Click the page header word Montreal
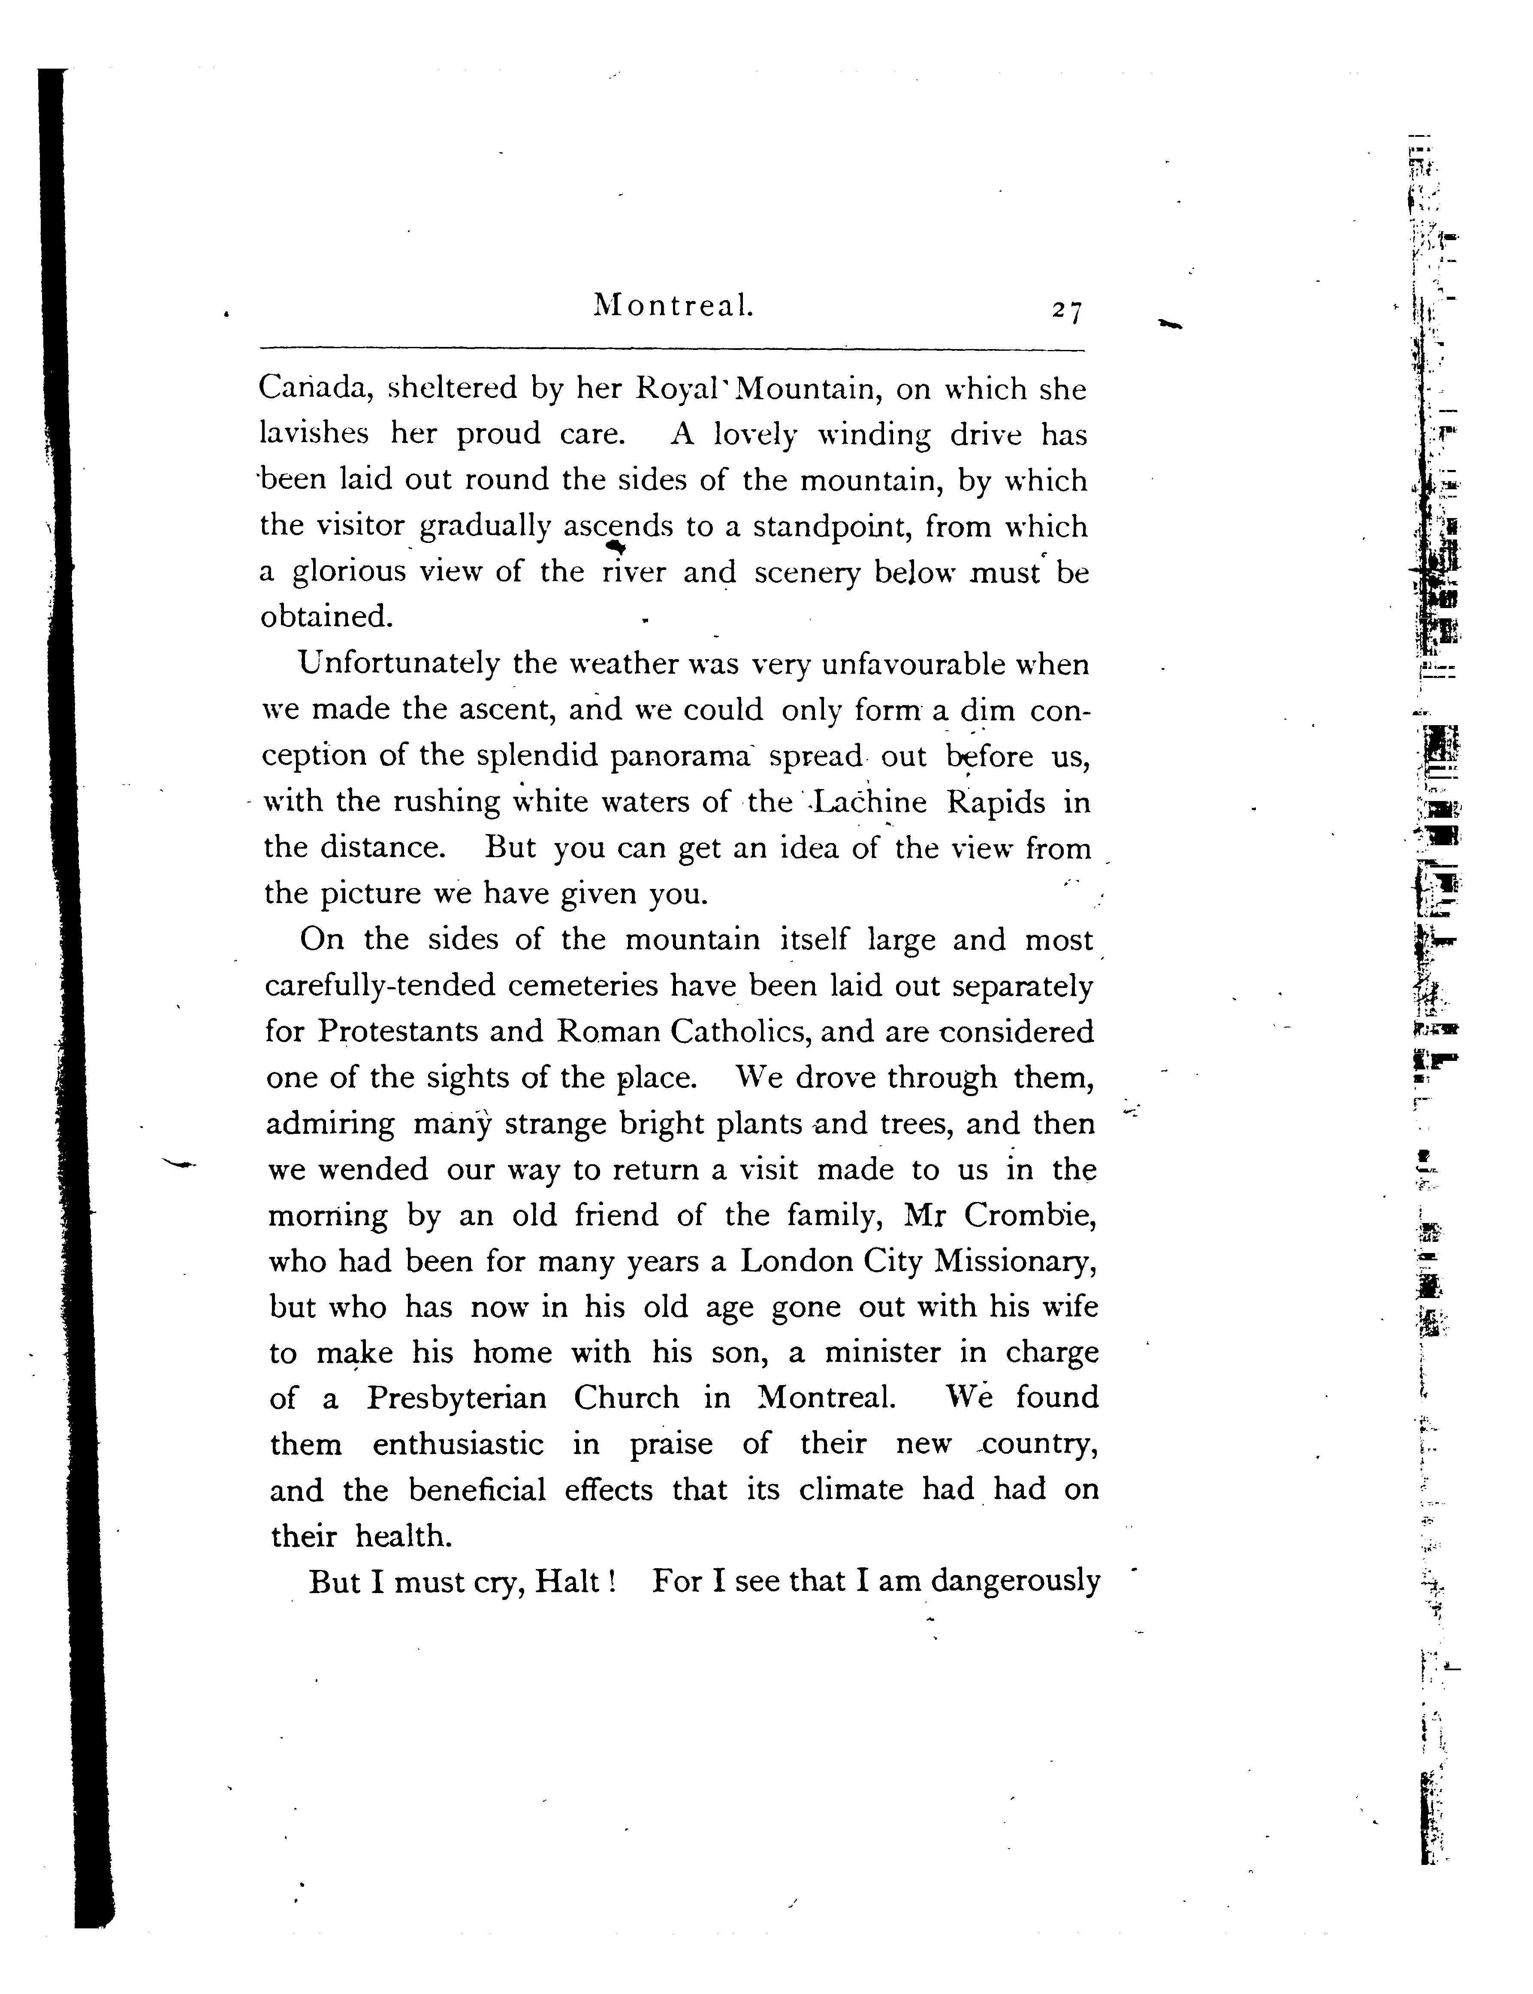[x=673, y=304]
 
